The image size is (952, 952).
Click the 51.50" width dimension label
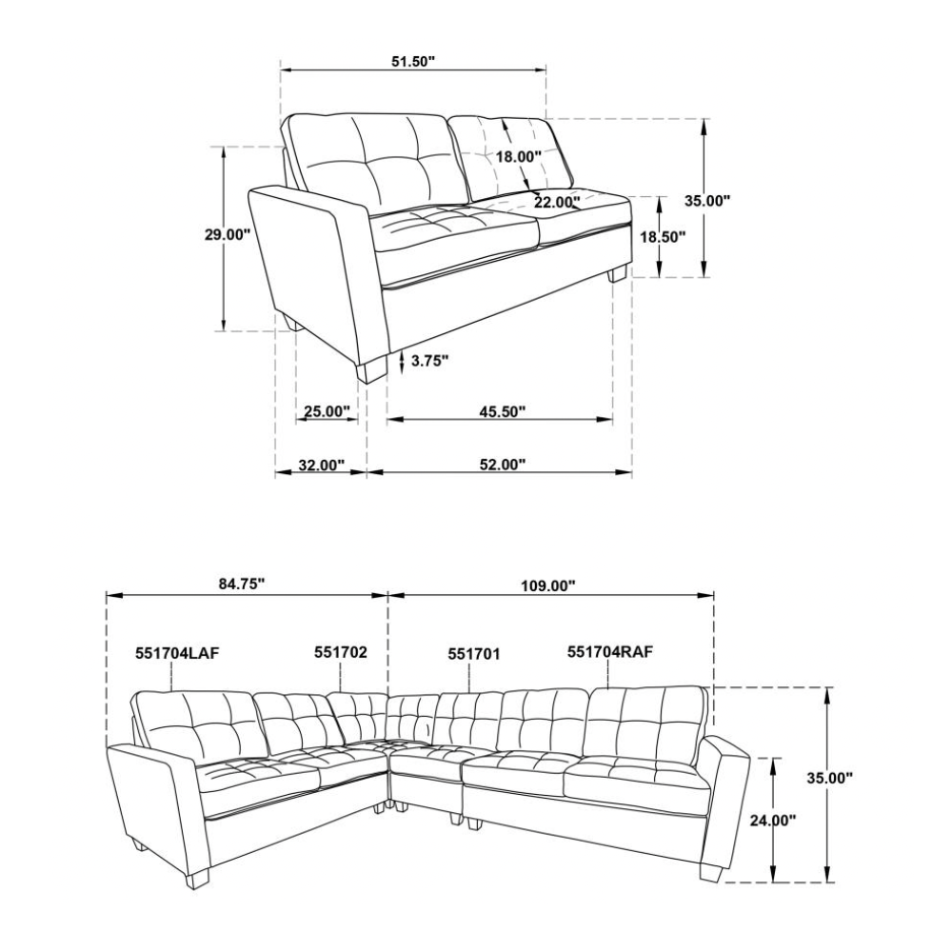point(413,61)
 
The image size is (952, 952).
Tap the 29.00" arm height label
point(228,234)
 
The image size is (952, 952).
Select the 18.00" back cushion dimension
point(518,157)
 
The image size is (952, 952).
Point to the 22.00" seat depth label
point(557,202)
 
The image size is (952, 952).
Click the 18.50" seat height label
point(663,237)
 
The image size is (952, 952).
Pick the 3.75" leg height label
point(430,361)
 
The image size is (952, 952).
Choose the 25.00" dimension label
point(327,411)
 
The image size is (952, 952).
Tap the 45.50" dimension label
point(502,411)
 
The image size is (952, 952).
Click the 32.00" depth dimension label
point(322,466)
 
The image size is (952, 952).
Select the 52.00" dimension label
point(502,466)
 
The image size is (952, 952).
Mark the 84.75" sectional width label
point(242,585)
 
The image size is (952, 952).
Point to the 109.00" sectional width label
point(547,585)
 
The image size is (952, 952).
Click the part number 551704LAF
point(177,653)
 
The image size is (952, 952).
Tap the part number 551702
point(341,652)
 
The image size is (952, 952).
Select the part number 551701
point(474,654)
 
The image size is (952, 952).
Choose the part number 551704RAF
point(610,652)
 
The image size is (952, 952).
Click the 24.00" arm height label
point(773,821)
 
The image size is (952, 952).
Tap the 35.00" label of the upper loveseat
point(707,201)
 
